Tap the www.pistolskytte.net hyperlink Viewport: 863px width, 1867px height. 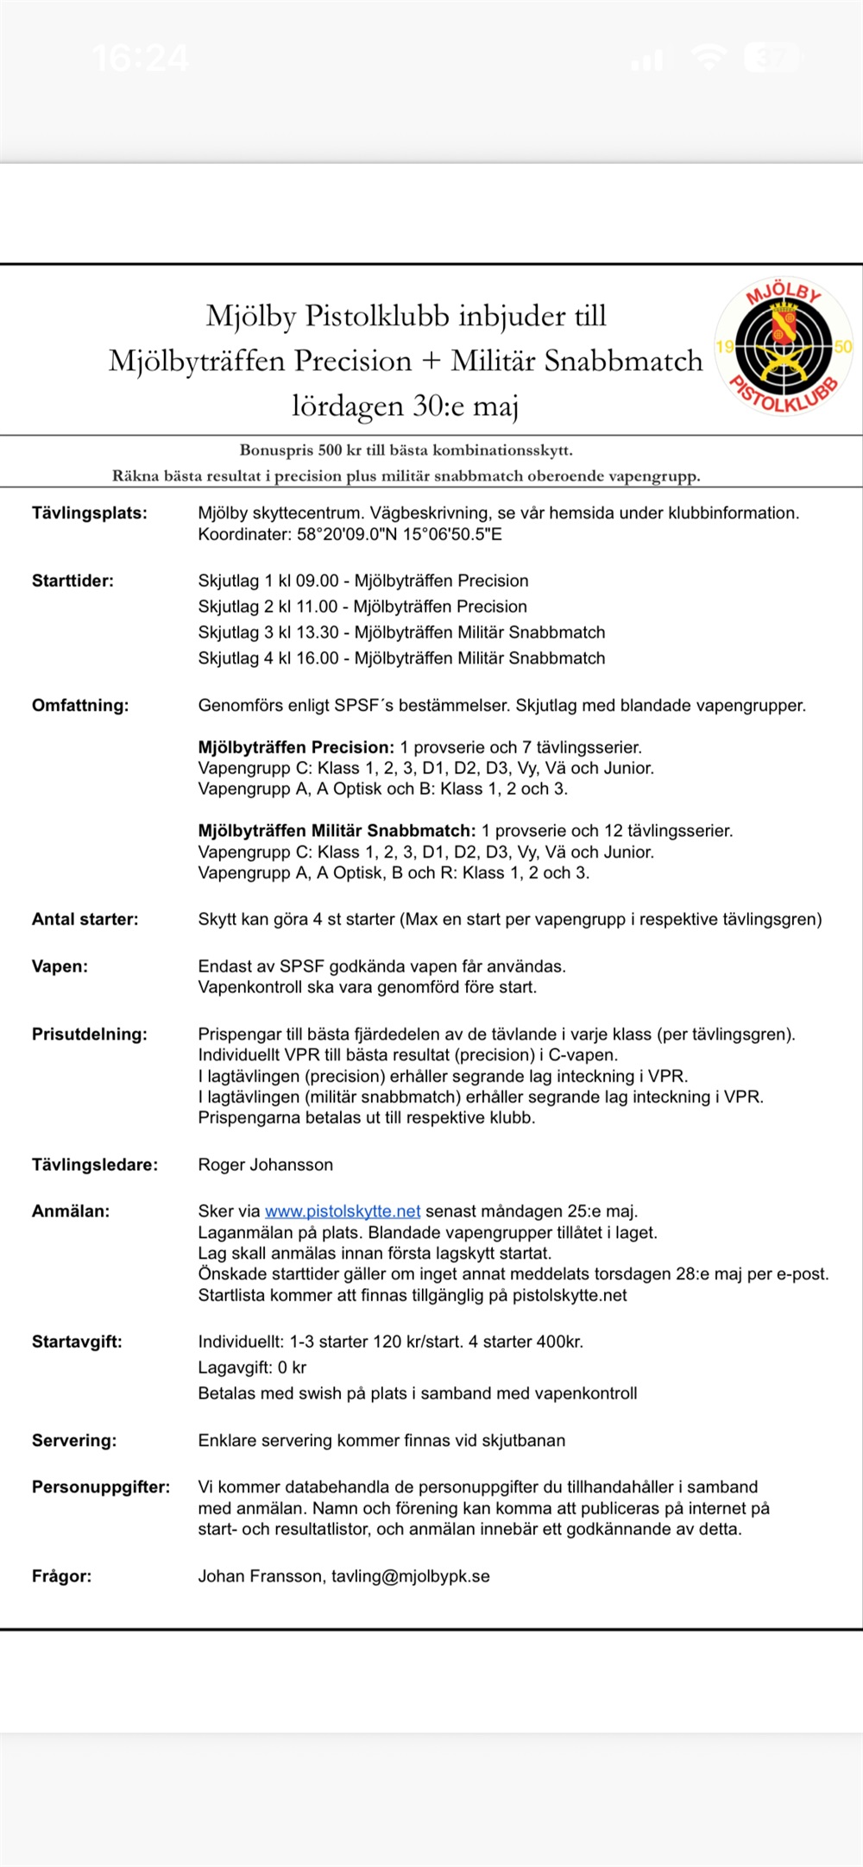[343, 1211]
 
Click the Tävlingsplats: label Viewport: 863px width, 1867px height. [90, 513]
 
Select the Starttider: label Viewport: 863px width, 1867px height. [72, 581]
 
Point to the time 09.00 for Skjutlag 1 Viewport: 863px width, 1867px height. [318, 581]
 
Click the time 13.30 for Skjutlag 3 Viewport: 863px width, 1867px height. [318, 632]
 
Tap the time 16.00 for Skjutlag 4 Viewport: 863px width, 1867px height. [318, 658]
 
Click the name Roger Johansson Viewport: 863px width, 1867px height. [266, 1165]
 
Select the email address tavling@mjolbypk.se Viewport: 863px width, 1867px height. [411, 1576]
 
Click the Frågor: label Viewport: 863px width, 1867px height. [61, 1576]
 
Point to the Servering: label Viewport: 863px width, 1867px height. [74, 1440]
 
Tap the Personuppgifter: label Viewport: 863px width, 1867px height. [101, 1487]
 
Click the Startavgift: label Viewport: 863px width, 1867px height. [77, 1342]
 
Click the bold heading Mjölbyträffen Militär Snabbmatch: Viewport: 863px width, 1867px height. [337, 831]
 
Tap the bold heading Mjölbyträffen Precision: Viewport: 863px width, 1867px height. [296, 747]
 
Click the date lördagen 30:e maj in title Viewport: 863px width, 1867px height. [405, 405]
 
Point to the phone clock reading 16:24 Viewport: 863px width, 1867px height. [140, 59]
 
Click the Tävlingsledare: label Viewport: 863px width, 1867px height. [95, 1165]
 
